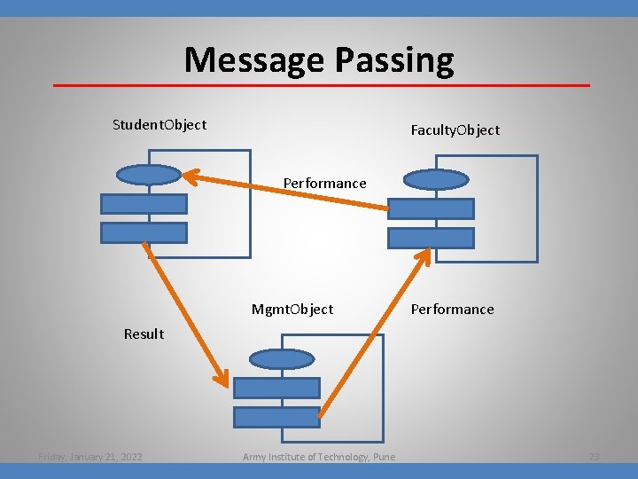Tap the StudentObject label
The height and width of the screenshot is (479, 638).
[x=159, y=124]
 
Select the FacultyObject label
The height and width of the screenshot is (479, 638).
[x=455, y=130]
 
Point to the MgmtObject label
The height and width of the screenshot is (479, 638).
[x=292, y=309]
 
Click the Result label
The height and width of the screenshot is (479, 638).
[x=144, y=334]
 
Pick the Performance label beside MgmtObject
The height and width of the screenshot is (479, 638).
[x=452, y=309]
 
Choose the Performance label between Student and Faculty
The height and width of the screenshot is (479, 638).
[x=324, y=183]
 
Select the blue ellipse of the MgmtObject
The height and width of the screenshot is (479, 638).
[x=282, y=359]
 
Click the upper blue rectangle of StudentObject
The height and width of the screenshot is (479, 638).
[x=144, y=204]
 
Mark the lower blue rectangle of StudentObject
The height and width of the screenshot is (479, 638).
[x=144, y=232]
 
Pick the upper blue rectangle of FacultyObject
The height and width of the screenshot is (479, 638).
[x=432, y=209]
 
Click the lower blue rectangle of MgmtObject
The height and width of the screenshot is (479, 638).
[x=276, y=417]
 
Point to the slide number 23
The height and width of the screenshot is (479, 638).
[x=594, y=457]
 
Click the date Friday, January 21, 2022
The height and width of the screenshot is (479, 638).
[x=90, y=457]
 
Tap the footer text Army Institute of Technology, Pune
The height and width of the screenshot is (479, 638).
[x=319, y=457]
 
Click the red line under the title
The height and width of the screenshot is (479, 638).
[x=321, y=85]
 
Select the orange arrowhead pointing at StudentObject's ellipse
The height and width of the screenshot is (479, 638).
[x=190, y=174]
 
